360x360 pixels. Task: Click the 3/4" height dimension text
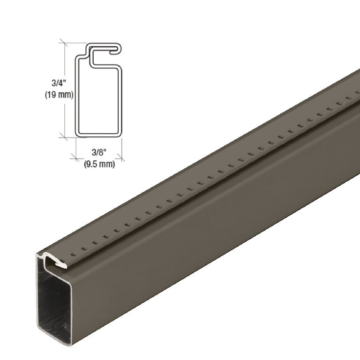57,83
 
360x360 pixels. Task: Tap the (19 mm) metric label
59,95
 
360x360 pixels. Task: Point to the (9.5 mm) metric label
99,164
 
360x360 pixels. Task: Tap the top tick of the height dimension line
64,43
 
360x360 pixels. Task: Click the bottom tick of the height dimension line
64,136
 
